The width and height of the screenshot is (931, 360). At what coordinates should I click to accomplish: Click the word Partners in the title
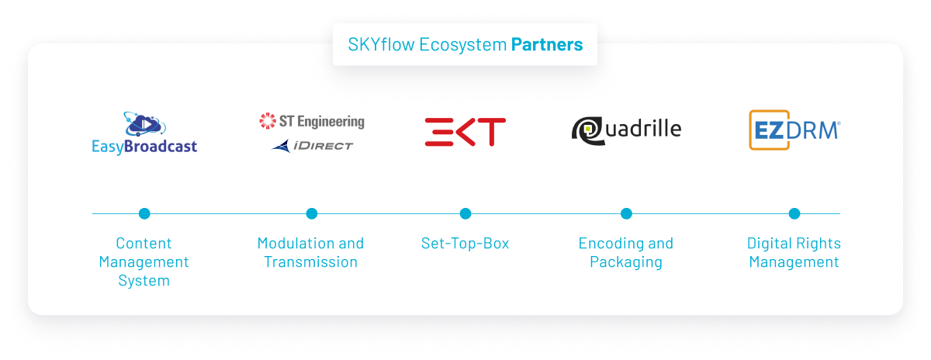[x=546, y=44]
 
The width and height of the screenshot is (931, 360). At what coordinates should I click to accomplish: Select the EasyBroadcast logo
[x=144, y=133]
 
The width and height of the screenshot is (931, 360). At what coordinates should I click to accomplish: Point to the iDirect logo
[x=313, y=145]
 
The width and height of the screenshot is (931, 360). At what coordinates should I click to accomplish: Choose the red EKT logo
[x=465, y=132]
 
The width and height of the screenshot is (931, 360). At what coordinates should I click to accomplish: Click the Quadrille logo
[x=626, y=129]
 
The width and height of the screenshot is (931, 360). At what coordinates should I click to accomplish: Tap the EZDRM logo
[x=794, y=130]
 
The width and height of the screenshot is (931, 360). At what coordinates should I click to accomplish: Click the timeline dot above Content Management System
[x=144, y=213]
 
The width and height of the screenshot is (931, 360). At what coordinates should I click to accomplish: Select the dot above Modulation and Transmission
[x=311, y=213]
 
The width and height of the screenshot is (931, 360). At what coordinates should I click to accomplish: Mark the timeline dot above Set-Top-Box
[x=465, y=213]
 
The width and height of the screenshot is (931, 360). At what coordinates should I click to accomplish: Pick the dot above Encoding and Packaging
[x=626, y=213]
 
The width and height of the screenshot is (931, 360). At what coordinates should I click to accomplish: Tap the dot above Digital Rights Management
[x=794, y=213]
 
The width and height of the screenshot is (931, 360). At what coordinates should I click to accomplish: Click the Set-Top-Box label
[x=465, y=243]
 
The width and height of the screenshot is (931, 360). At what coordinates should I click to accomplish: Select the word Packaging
[x=626, y=261]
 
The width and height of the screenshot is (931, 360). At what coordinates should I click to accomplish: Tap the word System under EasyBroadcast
[x=144, y=280]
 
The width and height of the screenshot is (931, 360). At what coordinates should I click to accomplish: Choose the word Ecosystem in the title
[x=462, y=44]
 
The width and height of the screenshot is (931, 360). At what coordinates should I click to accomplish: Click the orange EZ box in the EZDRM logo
[x=765, y=130]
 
